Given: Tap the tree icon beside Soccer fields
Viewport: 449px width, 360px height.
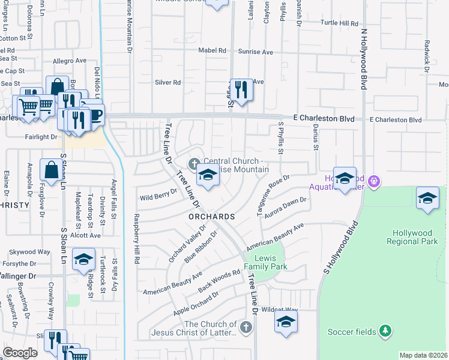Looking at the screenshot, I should point(385,331).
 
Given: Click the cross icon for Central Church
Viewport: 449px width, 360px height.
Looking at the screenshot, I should point(194,163).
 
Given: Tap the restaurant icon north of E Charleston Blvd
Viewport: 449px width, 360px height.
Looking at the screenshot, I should point(241,90).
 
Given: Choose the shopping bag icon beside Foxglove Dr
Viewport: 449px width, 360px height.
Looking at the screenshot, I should point(51,170).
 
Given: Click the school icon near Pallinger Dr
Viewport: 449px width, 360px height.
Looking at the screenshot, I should point(83,259).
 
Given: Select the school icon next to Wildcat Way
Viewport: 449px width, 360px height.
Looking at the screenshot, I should point(286,321).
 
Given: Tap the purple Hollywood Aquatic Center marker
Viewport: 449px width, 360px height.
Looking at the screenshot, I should point(374,179).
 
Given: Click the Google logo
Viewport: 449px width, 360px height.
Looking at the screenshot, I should point(20,352).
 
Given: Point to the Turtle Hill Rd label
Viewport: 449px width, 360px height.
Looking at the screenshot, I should point(339,23).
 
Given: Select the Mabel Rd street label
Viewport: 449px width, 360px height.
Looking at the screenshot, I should point(213,50).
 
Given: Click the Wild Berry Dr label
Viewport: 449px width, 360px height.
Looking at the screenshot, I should point(158,196).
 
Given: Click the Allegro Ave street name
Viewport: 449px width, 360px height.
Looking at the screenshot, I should point(70,61).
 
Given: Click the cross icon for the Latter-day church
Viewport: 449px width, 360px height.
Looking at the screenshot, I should point(245,327).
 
